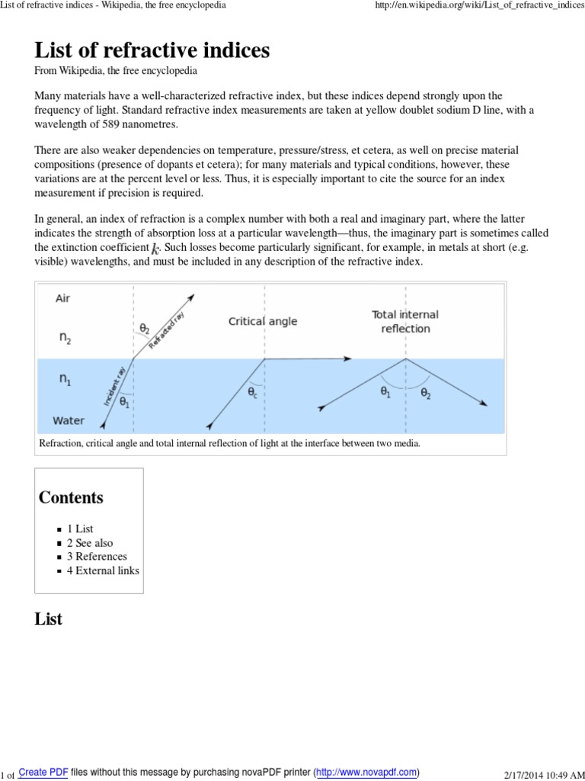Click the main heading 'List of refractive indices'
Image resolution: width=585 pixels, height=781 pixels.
point(152,50)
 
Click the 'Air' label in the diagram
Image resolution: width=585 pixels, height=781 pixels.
point(63,298)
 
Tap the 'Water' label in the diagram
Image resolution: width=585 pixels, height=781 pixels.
point(69,419)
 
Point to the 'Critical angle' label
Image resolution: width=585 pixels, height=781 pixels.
point(263,321)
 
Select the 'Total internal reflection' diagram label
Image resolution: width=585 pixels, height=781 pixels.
point(405,321)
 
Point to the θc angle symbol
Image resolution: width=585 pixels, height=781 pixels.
point(252,392)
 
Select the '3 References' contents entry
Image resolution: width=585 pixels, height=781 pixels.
point(97,556)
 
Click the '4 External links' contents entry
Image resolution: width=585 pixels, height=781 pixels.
point(103,570)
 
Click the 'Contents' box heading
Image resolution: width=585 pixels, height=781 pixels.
point(71,497)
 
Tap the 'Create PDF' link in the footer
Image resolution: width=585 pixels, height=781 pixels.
point(43,772)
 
